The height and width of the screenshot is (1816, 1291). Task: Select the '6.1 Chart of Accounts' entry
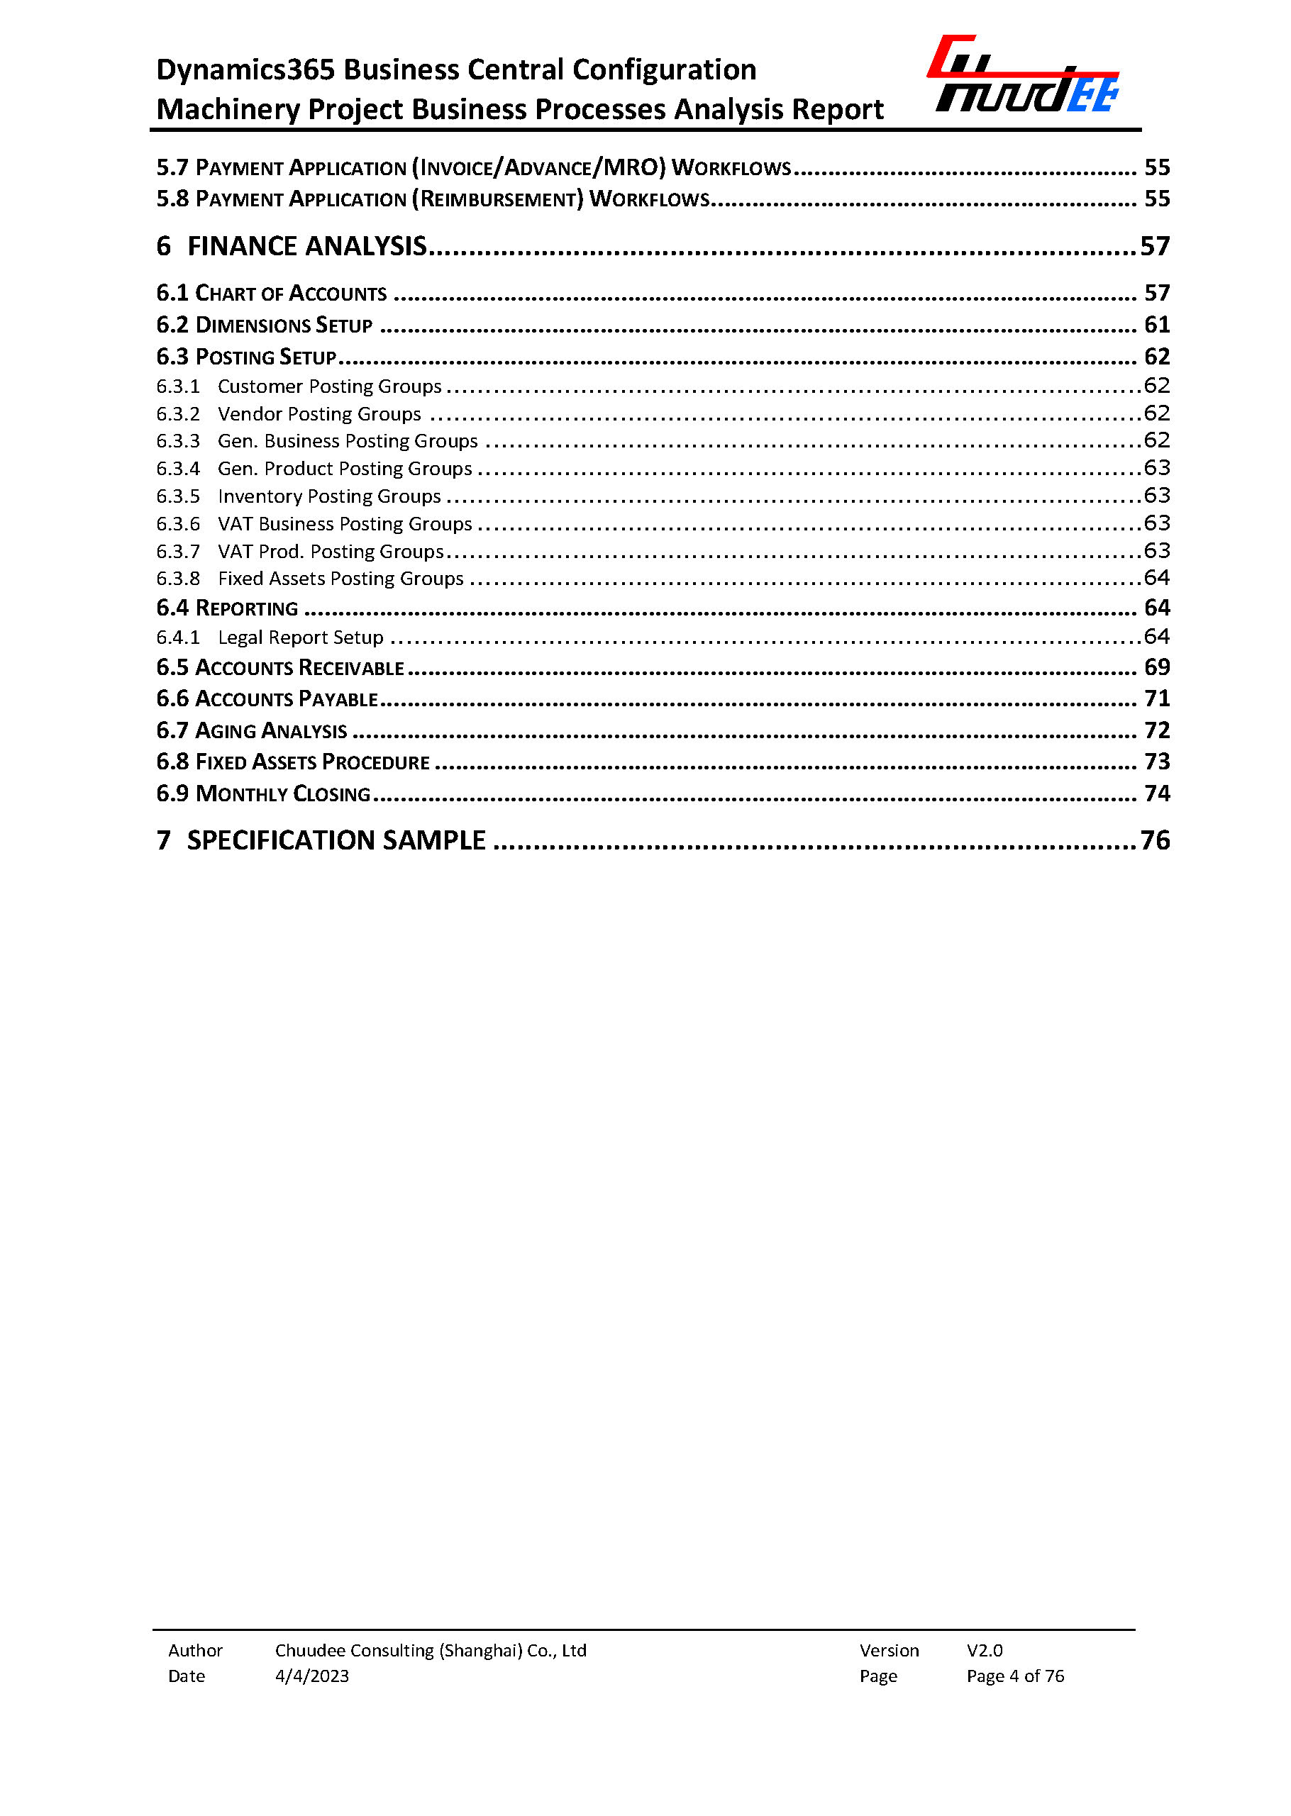point(271,294)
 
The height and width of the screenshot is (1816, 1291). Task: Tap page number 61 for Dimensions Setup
point(1157,325)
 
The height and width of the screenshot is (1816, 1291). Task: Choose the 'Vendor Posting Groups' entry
point(318,414)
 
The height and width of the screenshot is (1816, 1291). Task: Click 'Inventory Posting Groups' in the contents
point(329,496)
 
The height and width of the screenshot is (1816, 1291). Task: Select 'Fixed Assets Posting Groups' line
point(340,579)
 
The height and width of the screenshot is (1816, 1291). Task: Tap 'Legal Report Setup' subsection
point(301,637)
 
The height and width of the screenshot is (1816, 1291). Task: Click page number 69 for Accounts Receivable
point(1157,667)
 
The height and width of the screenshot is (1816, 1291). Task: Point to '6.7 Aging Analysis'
point(251,730)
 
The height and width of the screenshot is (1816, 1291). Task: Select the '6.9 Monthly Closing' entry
point(263,793)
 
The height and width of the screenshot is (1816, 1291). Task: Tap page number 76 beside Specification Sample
point(1155,840)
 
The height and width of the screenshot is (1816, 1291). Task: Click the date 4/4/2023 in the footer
point(311,1676)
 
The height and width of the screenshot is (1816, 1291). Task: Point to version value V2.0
point(984,1651)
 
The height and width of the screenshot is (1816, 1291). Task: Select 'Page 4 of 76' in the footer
point(1015,1676)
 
